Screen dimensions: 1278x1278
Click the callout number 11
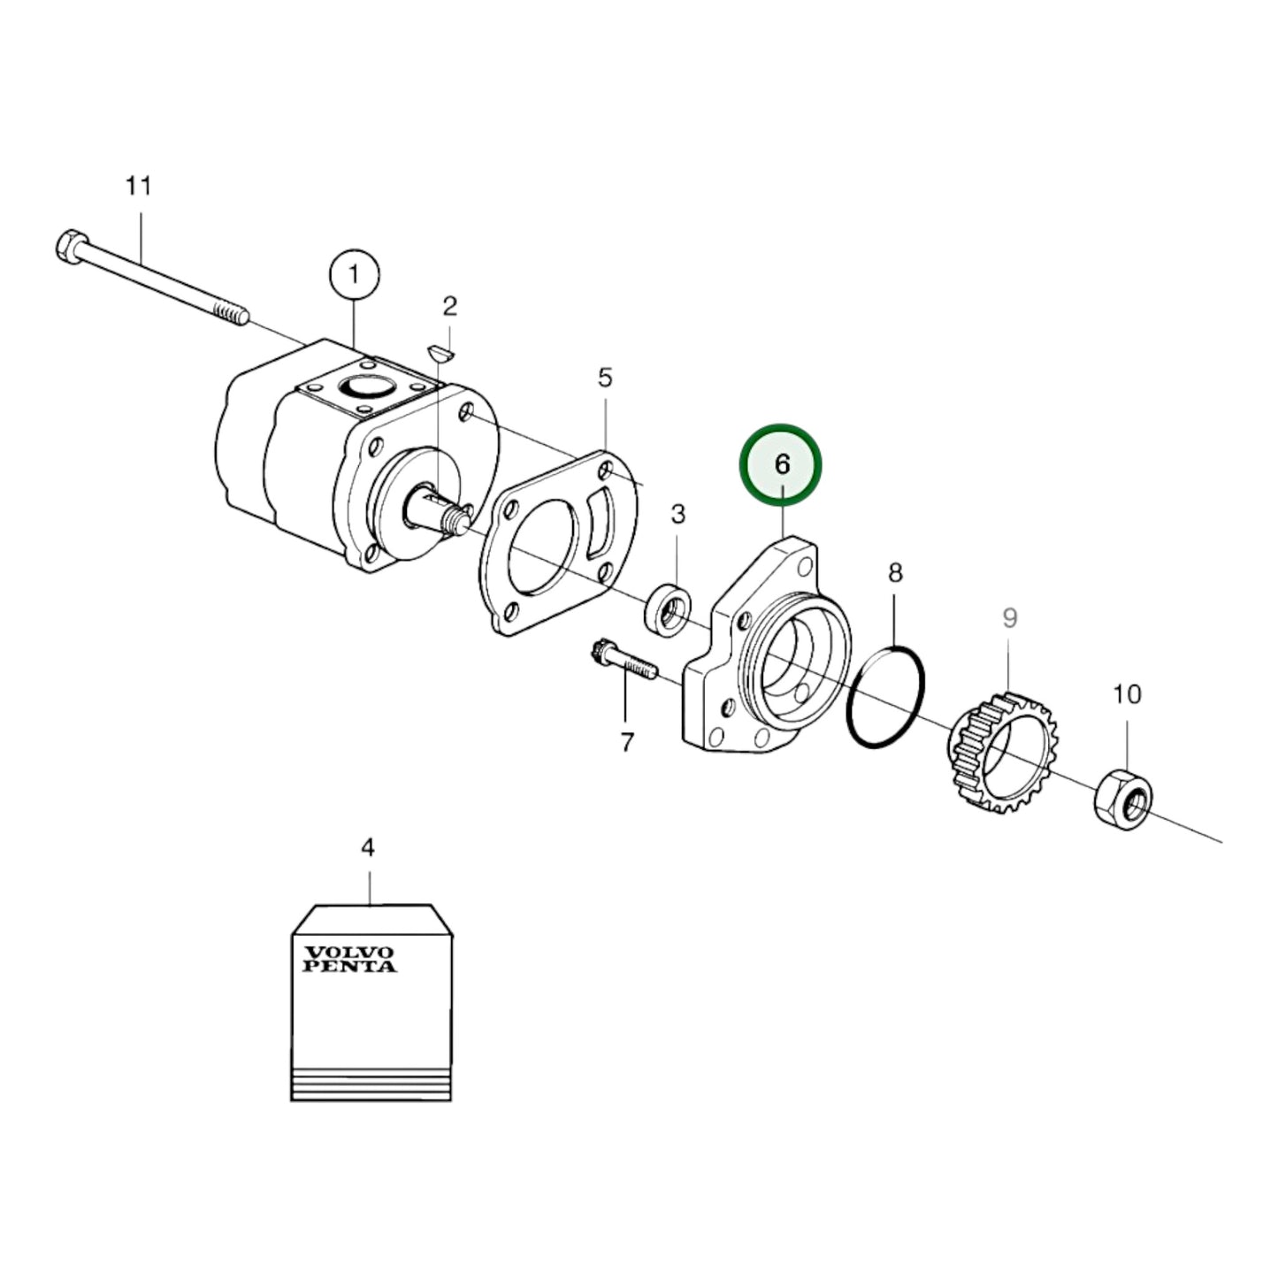click(138, 186)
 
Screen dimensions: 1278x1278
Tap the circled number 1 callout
click(354, 275)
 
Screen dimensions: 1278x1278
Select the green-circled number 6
click(782, 464)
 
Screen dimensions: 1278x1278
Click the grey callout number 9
click(1010, 618)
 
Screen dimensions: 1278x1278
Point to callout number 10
click(1127, 694)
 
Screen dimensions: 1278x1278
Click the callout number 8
click(895, 573)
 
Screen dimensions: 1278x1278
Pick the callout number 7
click(627, 742)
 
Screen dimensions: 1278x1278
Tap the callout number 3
click(677, 514)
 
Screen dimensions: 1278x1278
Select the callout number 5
click(604, 378)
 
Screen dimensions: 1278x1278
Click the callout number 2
click(450, 306)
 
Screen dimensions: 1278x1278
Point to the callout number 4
click(368, 847)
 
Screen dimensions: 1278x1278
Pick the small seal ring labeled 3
click(669, 609)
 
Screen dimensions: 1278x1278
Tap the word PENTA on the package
click(350, 967)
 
